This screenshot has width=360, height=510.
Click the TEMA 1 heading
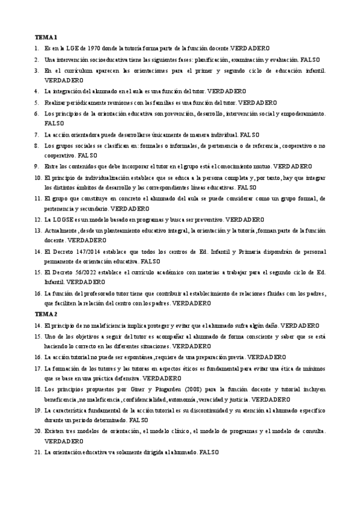coord(45,36)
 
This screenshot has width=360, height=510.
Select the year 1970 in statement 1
coord(93,47)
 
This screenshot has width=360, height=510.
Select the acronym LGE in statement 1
coord(73,47)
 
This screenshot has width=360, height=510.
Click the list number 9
coord(37,165)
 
